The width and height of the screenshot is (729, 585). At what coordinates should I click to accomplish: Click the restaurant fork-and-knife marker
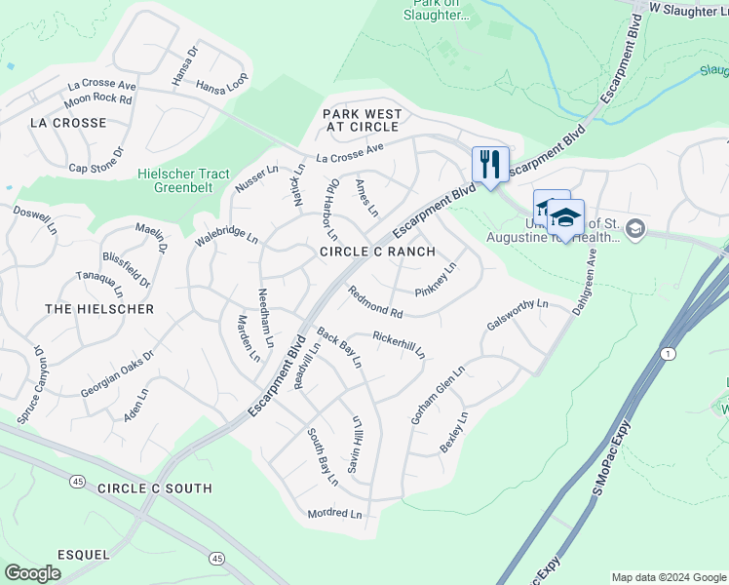click(x=490, y=163)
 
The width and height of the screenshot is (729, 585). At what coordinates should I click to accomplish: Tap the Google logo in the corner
click(x=33, y=573)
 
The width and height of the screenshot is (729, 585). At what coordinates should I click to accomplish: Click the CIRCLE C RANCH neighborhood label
click(x=378, y=252)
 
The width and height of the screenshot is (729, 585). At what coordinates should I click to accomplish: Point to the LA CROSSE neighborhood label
click(x=68, y=123)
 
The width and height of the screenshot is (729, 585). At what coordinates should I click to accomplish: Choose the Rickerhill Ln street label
click(x=399, y=344)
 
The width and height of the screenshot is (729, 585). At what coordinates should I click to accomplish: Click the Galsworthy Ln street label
click(x=518, y=316)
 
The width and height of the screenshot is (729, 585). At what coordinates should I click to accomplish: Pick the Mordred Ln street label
click(x=334, y=514)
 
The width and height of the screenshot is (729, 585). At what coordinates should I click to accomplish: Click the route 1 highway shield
click(x=668, y=352)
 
